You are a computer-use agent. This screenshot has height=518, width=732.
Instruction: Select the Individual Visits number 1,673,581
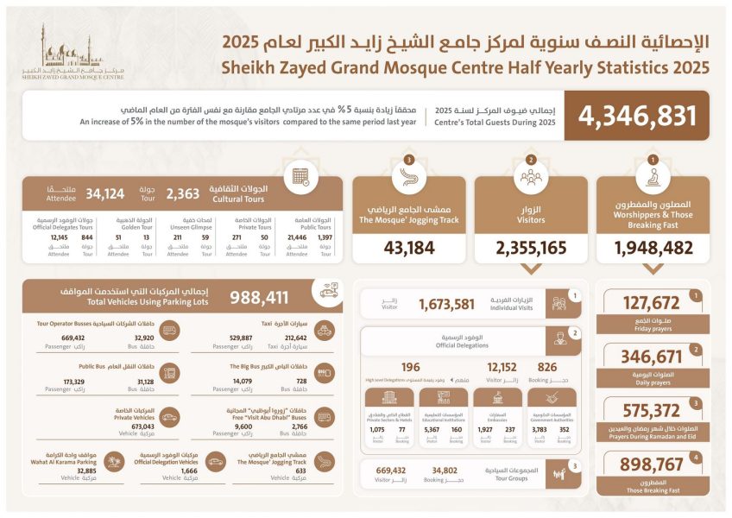(446, 304)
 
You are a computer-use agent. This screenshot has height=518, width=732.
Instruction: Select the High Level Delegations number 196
(410, 366)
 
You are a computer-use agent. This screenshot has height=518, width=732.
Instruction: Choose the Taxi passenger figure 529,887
(247, 338)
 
